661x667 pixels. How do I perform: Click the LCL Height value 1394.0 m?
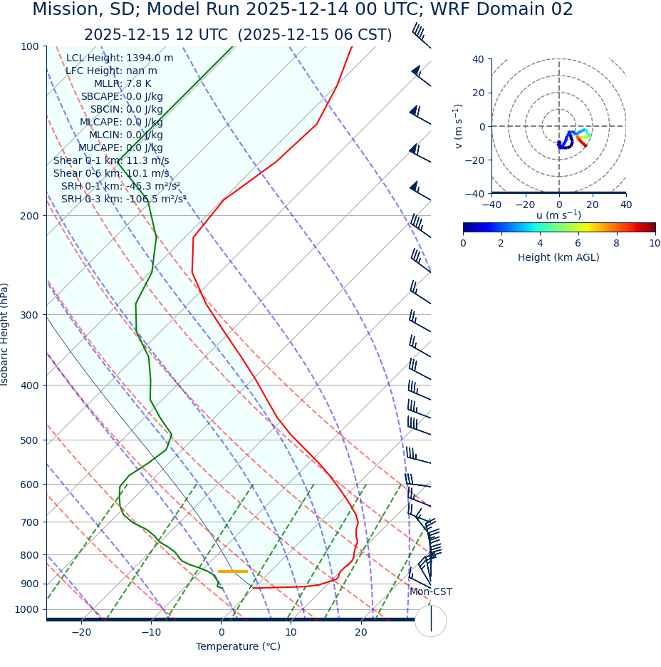click(x=150, y=58)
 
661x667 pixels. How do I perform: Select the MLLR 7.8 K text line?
click(x=123, y=83)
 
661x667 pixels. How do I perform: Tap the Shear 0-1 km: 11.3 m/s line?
click(x=111, y=160)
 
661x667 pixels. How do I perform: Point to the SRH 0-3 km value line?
click(x=123, y=199)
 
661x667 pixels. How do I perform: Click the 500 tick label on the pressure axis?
click(x=29, y=440)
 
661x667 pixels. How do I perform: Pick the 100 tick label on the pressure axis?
click(x=29, y=46)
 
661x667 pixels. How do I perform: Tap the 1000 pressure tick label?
click(x=26, y=609)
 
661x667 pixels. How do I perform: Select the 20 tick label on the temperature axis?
click(x=361, y=632)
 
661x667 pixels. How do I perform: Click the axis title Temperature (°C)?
click(x=238, y=646)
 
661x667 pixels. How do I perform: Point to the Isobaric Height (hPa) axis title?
click(x=5, y=334)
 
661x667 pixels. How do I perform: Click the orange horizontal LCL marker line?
click(x=233, y=571)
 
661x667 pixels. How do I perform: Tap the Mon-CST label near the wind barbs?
click(x=430, y=591)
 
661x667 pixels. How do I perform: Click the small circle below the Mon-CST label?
click(x=430, y=621)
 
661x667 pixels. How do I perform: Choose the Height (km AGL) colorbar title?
click(x=558, y=257)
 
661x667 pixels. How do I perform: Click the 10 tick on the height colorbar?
click(x=654, y=243)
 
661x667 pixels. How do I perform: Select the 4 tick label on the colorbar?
click(x=540, y=243)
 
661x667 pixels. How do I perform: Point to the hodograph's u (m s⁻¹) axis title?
click(x=558, y=215)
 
